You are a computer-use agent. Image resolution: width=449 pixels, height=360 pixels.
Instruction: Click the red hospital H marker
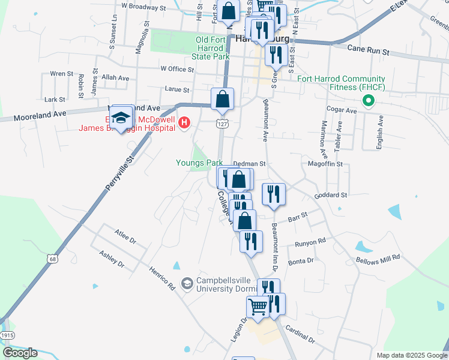click(185, 124)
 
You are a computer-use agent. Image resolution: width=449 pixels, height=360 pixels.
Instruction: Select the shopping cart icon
click(258, 306)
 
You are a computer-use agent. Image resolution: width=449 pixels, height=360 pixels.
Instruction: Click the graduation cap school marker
click(121, 117)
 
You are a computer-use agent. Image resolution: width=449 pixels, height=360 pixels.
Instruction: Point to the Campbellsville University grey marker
click(187, 283)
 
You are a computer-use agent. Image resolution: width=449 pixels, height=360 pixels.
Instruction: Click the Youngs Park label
click(199, 163)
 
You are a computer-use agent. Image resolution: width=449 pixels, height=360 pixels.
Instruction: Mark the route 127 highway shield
click(221, 124)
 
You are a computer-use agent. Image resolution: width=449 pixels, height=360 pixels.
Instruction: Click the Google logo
click(20, 353)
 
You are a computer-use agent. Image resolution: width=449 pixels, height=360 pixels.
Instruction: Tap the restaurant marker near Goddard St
click(274, 194)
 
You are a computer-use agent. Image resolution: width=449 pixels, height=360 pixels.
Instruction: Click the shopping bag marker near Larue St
click(222, 100)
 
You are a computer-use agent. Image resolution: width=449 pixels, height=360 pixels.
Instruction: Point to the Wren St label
click(61, 74)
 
